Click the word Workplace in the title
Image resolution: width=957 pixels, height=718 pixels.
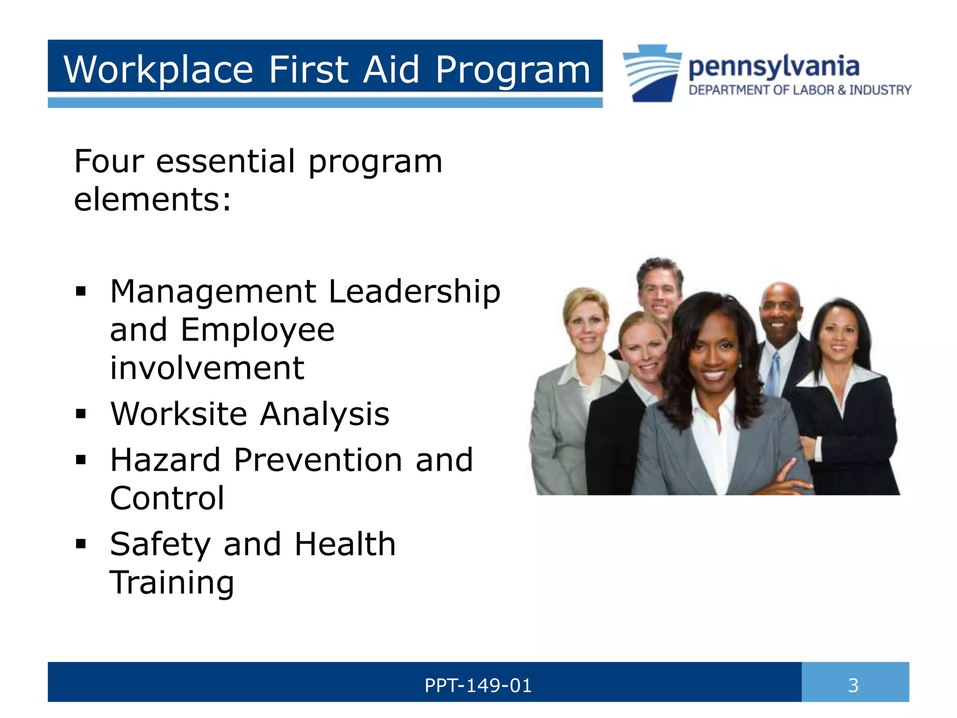(x=158, y=70)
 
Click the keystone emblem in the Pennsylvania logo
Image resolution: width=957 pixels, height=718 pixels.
(x=652, y=73)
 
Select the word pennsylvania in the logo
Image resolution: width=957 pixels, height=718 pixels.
(x=774, y=67)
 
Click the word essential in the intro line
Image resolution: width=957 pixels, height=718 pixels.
(x=225, y=161)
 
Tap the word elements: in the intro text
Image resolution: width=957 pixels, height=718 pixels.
(x=152, y=200)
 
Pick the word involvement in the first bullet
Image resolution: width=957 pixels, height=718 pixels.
(x=207, y=368)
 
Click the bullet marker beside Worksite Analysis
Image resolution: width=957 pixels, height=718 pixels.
(x=81, y=414)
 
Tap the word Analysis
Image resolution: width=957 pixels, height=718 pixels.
(x=324, y=414)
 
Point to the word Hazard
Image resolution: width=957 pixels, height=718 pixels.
(x=165, y=460)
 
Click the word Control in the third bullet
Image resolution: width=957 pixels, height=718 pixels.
(x=167, y=498)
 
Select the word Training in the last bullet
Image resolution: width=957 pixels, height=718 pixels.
(x=171, y=583)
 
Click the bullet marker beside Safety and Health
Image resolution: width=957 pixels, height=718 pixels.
(x=81, y=544)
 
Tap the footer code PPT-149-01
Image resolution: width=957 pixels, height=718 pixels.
(x=478, y=686)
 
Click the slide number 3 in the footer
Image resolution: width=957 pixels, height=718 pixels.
(x=853, y=686)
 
